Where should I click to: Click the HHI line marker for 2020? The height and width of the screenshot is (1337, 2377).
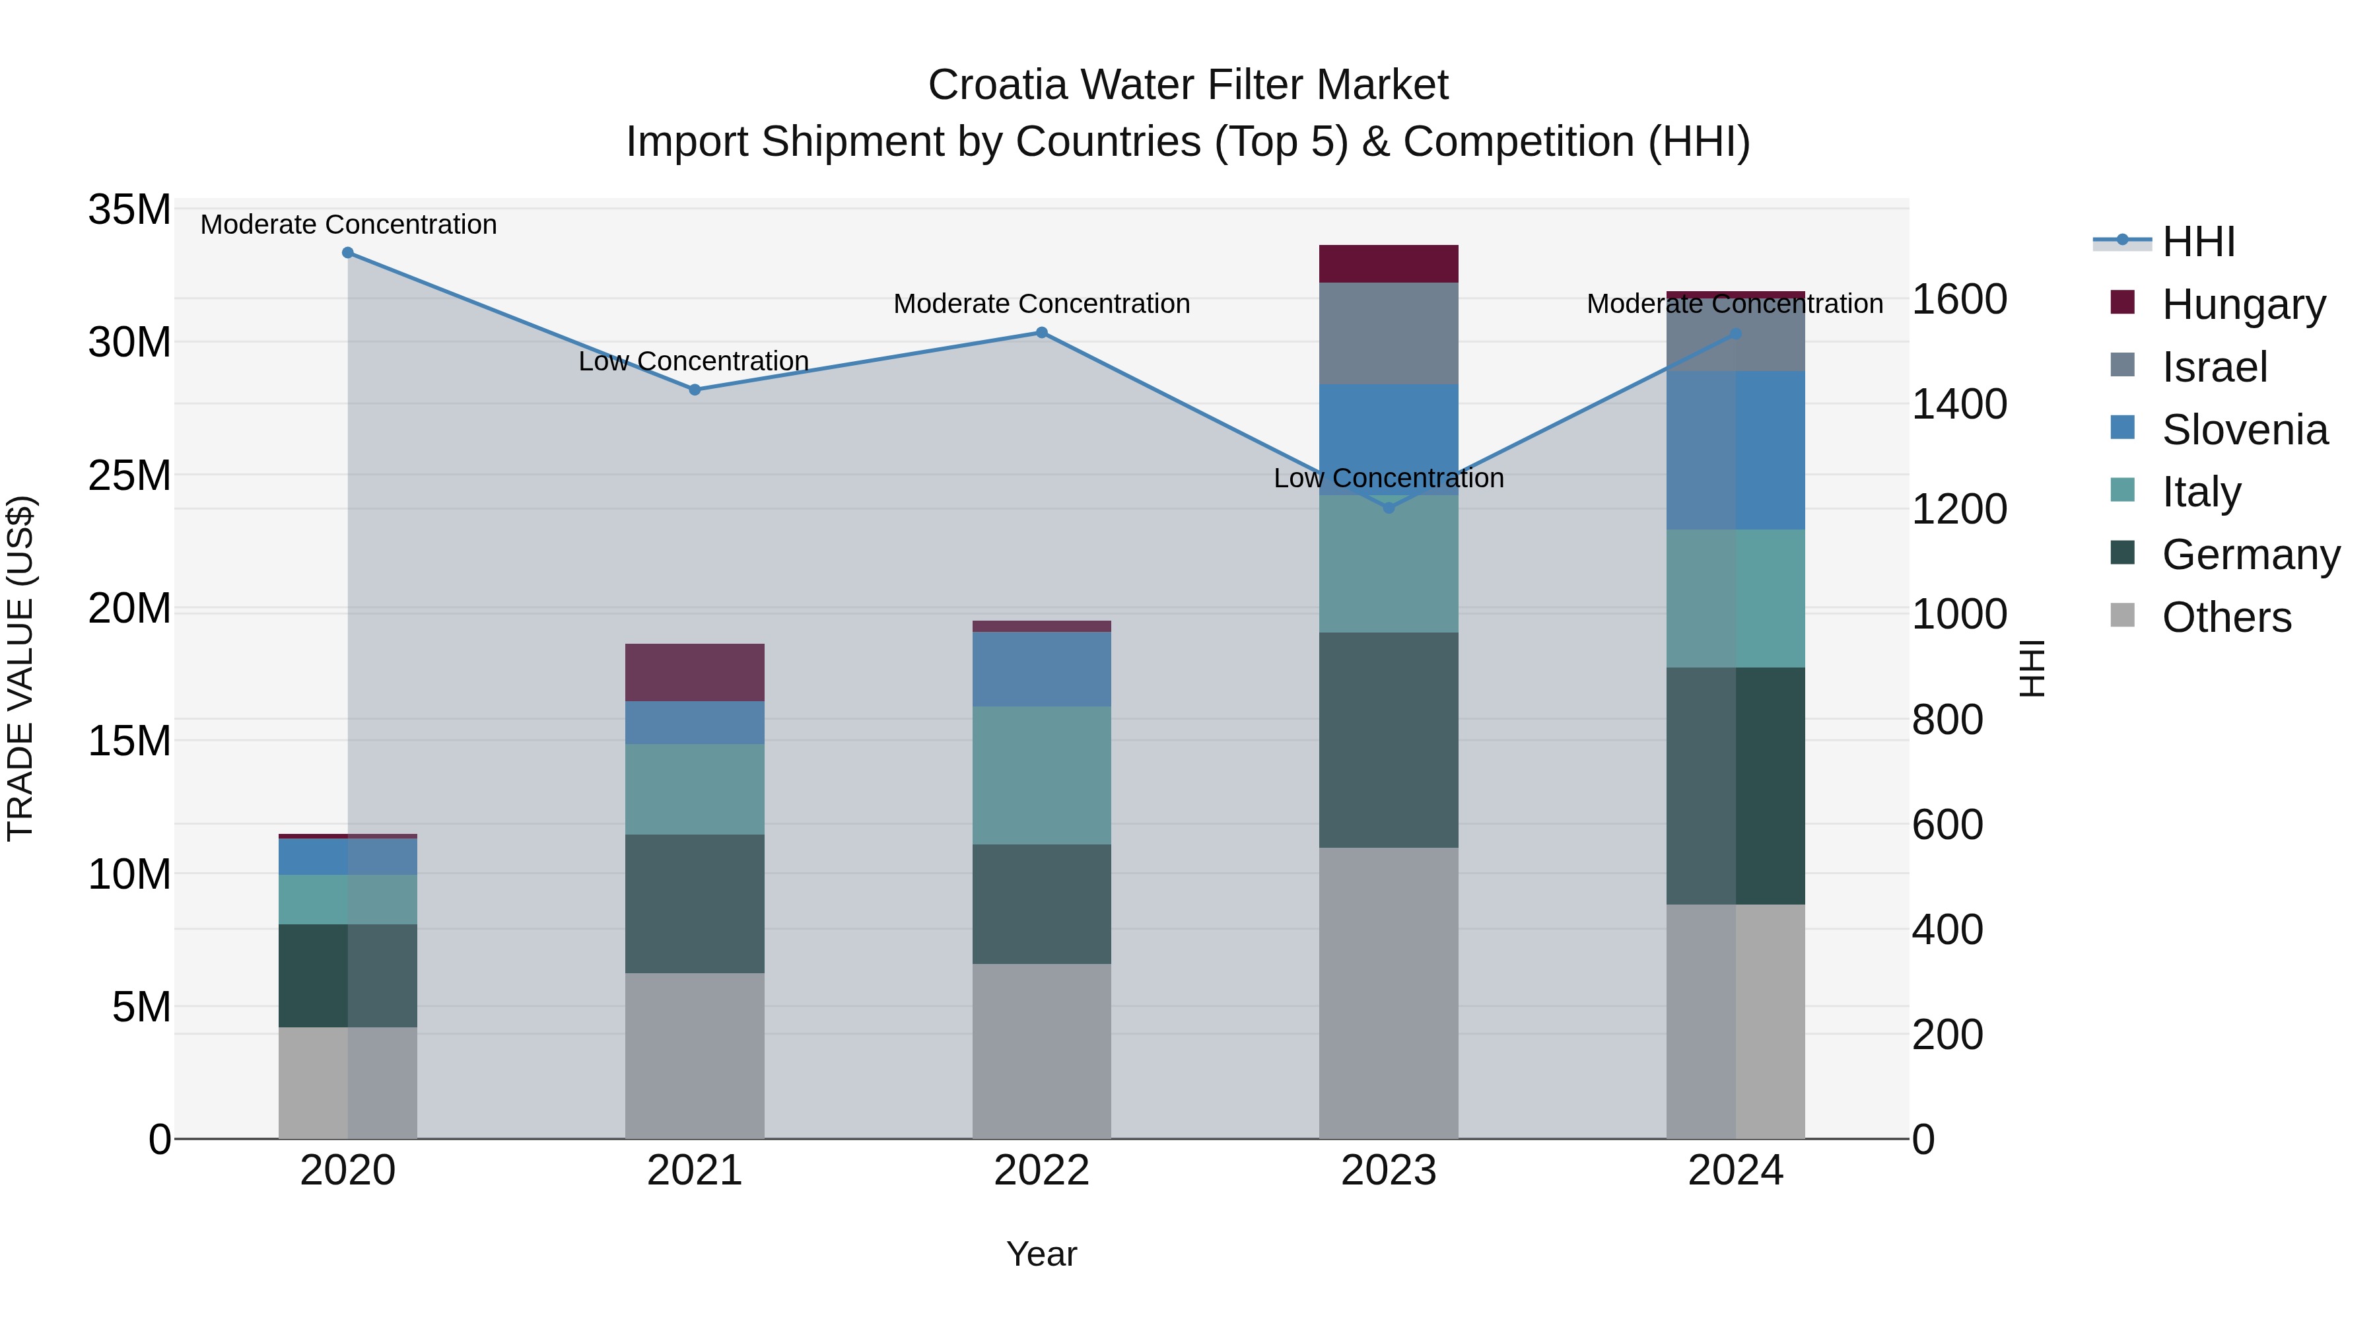point(348,253)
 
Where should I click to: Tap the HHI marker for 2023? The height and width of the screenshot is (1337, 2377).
point(1389,508)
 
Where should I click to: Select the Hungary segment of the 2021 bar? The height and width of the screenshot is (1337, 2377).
point(695,673)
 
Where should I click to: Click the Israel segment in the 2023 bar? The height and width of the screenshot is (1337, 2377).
point(1389,333)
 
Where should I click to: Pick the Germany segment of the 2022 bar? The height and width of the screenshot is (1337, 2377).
point(1042,905)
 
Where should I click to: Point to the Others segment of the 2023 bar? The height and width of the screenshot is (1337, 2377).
point(1389,993)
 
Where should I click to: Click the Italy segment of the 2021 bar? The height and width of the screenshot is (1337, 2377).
point(695,790)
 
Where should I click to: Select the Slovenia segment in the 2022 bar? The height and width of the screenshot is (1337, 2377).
point(1042,669)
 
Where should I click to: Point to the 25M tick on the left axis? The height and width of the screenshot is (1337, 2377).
point(129,476)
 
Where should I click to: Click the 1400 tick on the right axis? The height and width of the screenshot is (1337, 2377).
point(1959,404)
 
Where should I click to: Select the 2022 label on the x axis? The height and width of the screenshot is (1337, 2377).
point(1042,1171)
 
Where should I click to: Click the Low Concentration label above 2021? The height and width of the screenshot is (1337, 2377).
point(694,360)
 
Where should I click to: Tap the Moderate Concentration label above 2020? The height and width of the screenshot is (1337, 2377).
point(349,224)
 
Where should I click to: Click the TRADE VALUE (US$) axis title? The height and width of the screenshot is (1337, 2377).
point(20,668)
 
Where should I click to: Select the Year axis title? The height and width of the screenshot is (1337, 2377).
point(1042,1254)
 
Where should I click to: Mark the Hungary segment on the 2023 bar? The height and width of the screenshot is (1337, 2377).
point(1389,264)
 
